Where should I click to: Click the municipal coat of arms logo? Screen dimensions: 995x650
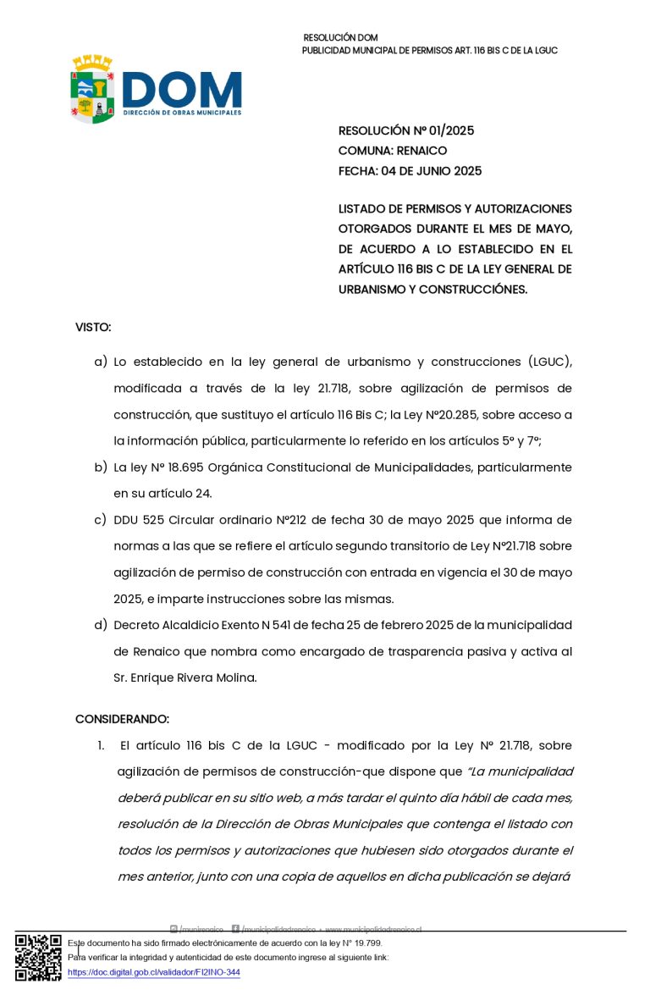(92, 89)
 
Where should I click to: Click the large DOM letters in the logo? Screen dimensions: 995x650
(182, 89)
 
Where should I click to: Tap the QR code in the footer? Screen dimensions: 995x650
(38, 957)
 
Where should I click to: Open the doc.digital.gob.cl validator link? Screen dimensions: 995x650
(154, 973)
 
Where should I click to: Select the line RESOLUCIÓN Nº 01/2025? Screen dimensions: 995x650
(406, 130)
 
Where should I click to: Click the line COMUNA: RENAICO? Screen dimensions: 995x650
(393, 151)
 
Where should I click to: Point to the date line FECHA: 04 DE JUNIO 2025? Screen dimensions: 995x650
(410, 171)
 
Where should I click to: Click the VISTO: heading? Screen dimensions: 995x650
(93, 327)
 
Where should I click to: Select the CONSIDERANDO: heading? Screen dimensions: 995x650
(122, 719)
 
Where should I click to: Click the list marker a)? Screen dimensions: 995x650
(100, 362)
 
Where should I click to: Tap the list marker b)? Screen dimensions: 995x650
(100, 467)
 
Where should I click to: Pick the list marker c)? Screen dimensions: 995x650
(100, 520)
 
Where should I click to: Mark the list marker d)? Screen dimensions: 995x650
(100, 625)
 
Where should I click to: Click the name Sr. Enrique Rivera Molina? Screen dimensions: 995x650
(184, 678)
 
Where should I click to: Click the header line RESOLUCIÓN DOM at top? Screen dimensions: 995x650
(340, 38)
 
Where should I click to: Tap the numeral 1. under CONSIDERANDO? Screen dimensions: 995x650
(101, 746)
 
